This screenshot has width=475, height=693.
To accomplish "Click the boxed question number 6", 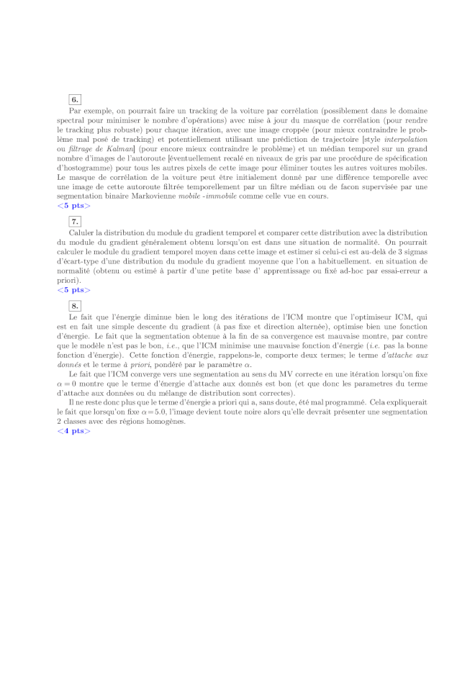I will [75, 99].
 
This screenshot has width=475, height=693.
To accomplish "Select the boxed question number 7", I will [75, 222].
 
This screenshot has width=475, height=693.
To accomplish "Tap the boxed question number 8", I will [75, 306].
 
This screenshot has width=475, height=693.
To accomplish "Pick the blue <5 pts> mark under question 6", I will [74, 206].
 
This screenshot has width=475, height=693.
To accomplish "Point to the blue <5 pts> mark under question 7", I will [74, 290].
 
